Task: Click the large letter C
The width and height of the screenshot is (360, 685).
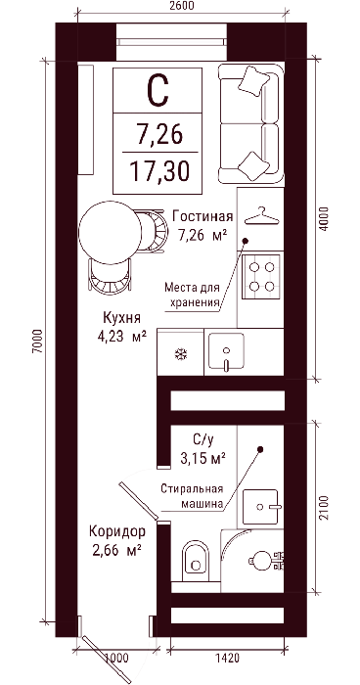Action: [157, 90]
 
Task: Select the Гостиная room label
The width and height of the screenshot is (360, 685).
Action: [202, 216]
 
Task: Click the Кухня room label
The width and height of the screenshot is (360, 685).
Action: [121, 317]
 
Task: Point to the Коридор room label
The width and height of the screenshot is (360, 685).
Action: [116, 531]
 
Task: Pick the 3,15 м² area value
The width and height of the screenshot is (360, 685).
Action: [203, 458]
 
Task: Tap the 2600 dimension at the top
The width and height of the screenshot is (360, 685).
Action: [180, 5]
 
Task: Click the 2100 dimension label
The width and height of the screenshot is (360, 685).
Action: [324, 509]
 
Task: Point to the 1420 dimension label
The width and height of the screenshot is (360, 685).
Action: [227, 658]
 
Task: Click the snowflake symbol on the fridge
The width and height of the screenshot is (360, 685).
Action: [180, 354]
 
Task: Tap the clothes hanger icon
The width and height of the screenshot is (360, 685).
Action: [261, 215]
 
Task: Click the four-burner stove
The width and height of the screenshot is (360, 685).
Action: [260, 277]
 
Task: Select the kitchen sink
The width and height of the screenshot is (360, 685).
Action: [226, 351]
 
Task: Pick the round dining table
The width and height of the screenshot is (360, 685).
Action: [111, 233]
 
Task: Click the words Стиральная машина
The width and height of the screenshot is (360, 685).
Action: [192, 496]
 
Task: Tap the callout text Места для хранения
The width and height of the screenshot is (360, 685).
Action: [192, 295]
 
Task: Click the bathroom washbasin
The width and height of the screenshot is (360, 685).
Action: [260, 506]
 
